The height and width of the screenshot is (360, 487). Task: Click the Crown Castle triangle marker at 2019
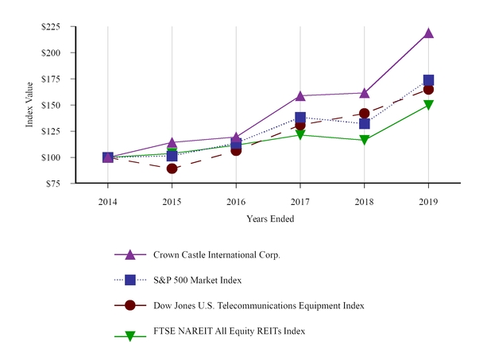[x=428, y=33]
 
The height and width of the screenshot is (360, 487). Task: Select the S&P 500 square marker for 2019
[x=428, y=80]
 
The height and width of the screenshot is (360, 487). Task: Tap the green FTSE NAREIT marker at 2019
[x=428, y=105]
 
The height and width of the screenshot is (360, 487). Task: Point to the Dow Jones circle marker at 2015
[x=172, y=168]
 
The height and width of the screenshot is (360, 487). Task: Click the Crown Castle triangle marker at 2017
[x=300, y=95]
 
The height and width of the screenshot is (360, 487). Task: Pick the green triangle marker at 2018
[x=364, y=140]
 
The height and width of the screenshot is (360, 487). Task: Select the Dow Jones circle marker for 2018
[x=364, y=114]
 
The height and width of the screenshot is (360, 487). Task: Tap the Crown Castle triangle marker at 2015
[x=172, y=142]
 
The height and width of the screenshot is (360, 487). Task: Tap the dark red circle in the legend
[x=131, y=305]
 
